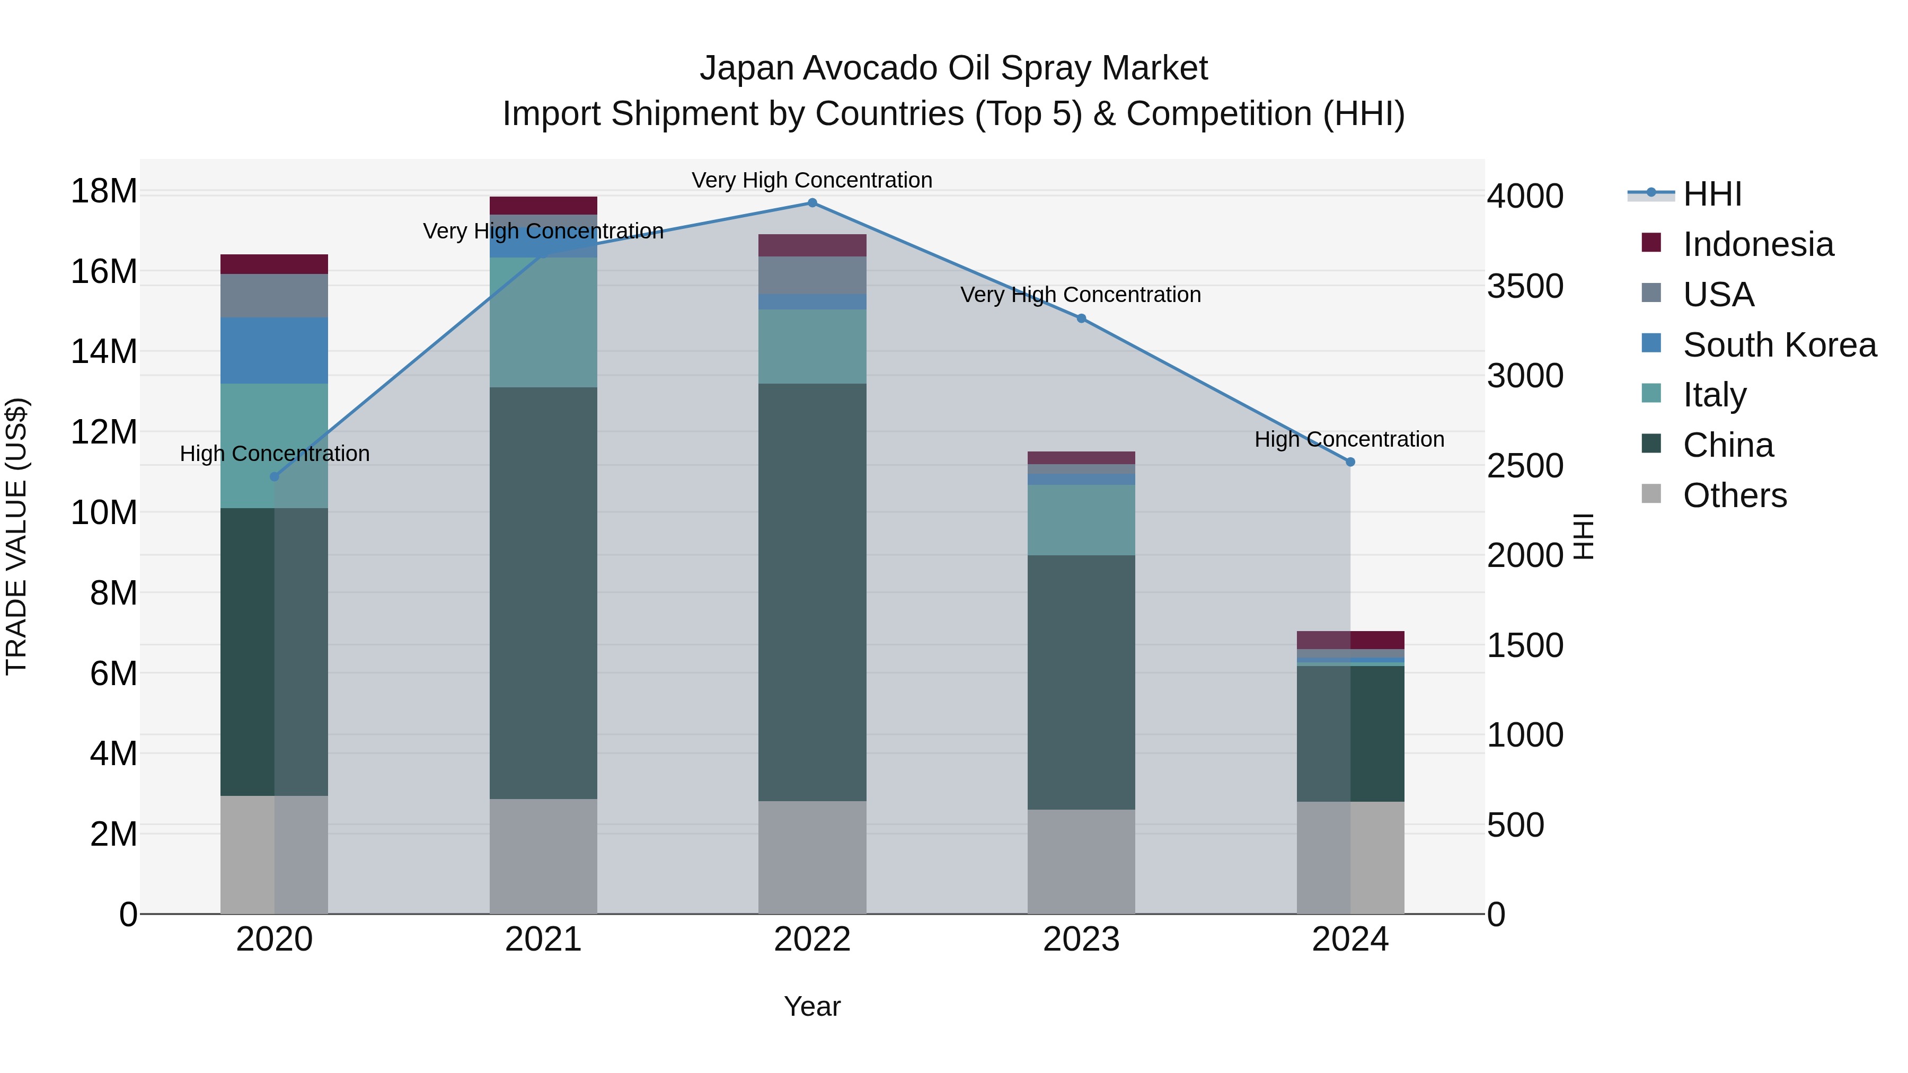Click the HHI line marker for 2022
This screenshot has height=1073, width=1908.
[812, 203]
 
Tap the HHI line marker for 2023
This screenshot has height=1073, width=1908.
[1081, 318]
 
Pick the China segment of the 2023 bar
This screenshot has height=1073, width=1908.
[1081, 681]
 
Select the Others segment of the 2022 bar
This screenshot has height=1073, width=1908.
[812, 857]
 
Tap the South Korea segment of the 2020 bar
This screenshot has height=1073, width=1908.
[274, 350]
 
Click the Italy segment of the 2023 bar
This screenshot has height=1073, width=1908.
[1081, 520]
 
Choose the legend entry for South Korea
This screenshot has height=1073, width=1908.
[1779, 345]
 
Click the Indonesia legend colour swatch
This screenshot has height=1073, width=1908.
[1651, 243]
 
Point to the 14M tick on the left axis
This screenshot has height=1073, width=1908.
[104, 352]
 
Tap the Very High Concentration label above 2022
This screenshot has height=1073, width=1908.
[812, 180]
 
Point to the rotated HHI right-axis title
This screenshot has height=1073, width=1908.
[1583, 536]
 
